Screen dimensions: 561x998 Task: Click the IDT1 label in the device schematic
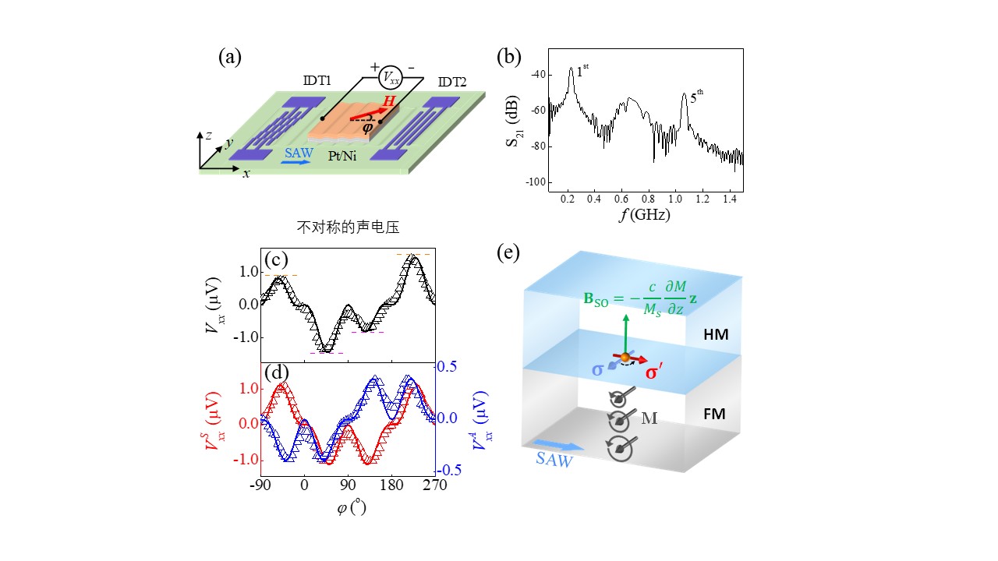coord(317,82)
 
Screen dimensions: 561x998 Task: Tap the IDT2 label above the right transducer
coord(453,82)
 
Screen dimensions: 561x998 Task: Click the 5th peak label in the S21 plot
coord(697,97)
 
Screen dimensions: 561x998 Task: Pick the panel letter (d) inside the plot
coord(277,372)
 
